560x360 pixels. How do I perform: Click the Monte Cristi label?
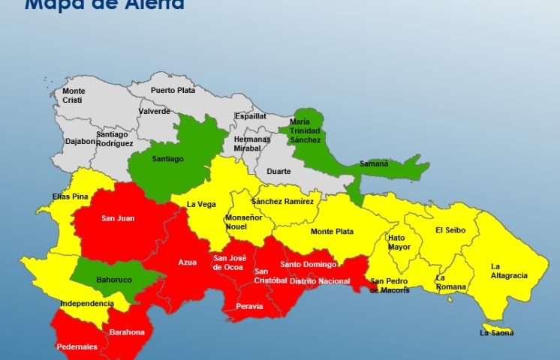74,95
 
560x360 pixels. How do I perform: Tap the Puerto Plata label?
173,91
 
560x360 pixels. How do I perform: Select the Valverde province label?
154,112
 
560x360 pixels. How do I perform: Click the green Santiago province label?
167,158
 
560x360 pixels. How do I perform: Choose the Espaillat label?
250,117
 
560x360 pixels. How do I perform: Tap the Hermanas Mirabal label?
252,144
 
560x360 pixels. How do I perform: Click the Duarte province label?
278,171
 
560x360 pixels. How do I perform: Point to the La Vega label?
200,204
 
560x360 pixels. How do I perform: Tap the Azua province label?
187,262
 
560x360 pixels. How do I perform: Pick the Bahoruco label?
113,281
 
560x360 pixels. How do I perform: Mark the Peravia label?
249,306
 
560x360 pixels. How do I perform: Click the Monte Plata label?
332,232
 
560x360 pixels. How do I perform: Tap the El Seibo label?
450,231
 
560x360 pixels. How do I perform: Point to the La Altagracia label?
509,271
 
